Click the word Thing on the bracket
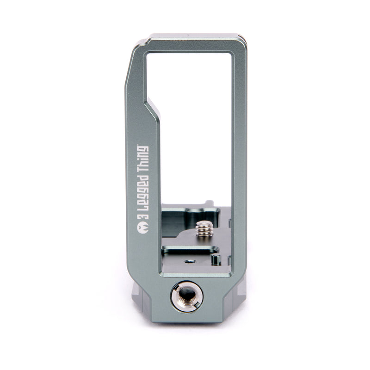coord(143,159)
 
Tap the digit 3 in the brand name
coord(143,217)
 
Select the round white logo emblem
coord(143,228)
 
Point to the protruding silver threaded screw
coord(204,228)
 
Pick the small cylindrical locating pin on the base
coord(216,259)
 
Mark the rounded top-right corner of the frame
coord(242,39)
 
